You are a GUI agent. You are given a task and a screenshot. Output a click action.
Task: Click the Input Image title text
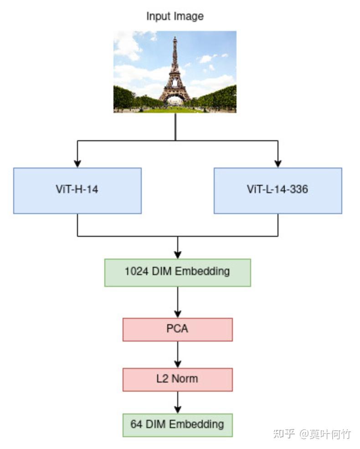175,16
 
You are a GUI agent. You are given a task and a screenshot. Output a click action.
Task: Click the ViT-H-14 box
77,190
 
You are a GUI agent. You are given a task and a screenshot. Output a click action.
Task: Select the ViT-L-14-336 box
278,190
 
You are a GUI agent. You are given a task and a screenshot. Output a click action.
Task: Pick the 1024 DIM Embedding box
177,272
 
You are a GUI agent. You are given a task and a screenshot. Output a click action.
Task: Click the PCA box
177,329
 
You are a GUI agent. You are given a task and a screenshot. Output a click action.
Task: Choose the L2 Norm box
177,379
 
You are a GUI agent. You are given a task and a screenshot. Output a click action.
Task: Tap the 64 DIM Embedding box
177,425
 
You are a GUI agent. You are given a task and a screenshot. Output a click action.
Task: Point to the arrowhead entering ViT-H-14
77,163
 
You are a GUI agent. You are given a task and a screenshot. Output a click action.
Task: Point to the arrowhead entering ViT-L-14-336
278,163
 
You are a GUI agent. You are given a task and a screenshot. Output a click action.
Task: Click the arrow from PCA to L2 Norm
178,354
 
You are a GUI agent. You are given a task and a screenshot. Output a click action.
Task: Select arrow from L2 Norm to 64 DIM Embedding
178,402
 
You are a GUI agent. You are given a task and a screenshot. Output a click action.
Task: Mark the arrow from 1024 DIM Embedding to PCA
178,302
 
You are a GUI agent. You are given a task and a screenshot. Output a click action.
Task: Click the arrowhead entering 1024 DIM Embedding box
178,255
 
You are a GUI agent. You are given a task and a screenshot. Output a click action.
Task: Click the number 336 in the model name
299,189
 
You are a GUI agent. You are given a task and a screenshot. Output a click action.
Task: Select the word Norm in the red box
185,378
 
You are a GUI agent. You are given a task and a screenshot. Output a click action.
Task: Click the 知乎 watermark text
284,434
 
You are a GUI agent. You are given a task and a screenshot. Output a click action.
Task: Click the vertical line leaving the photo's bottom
175,127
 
